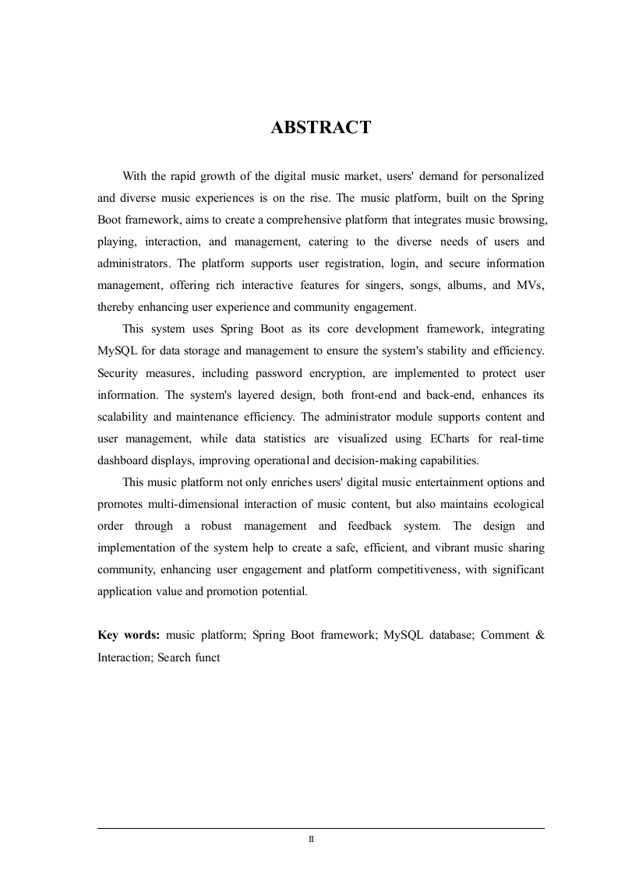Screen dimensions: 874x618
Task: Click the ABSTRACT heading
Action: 320,128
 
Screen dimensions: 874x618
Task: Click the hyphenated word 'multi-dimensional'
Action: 183,504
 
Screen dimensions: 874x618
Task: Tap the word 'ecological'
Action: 515,504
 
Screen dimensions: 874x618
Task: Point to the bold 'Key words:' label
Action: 129,635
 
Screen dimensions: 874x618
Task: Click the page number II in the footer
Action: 311,840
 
